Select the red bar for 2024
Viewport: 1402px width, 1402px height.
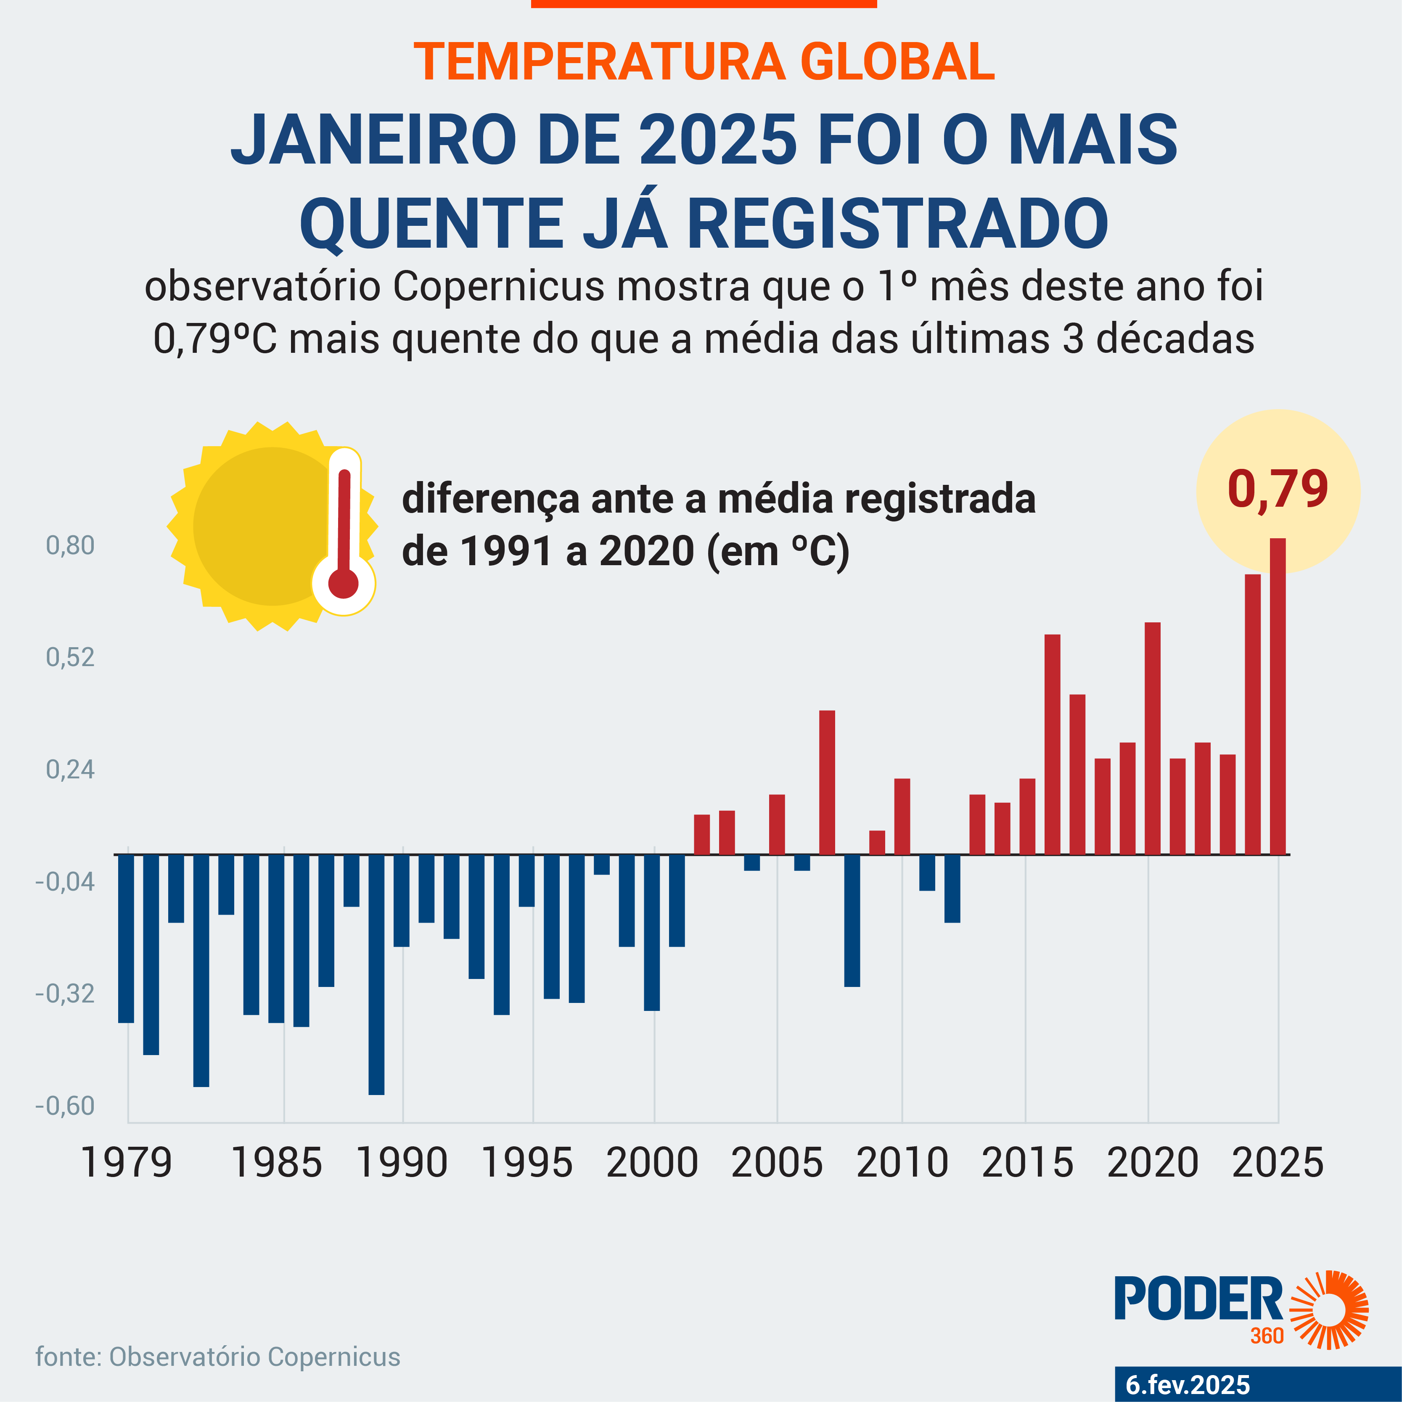1253,715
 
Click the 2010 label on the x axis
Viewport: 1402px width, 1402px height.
902,1163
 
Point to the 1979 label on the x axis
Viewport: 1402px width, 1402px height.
127,1163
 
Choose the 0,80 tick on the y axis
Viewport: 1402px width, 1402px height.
70,546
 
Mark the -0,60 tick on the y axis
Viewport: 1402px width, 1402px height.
65,1106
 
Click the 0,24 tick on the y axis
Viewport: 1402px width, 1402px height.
70,769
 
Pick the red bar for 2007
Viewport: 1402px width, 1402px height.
827,782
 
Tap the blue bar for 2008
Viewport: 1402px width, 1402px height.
852,920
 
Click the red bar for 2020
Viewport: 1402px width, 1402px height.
1152,739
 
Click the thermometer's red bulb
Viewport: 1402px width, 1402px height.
343,583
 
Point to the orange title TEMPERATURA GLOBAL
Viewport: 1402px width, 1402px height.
704,62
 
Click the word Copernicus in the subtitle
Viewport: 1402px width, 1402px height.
499,287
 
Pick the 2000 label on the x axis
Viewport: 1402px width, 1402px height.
652,1163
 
